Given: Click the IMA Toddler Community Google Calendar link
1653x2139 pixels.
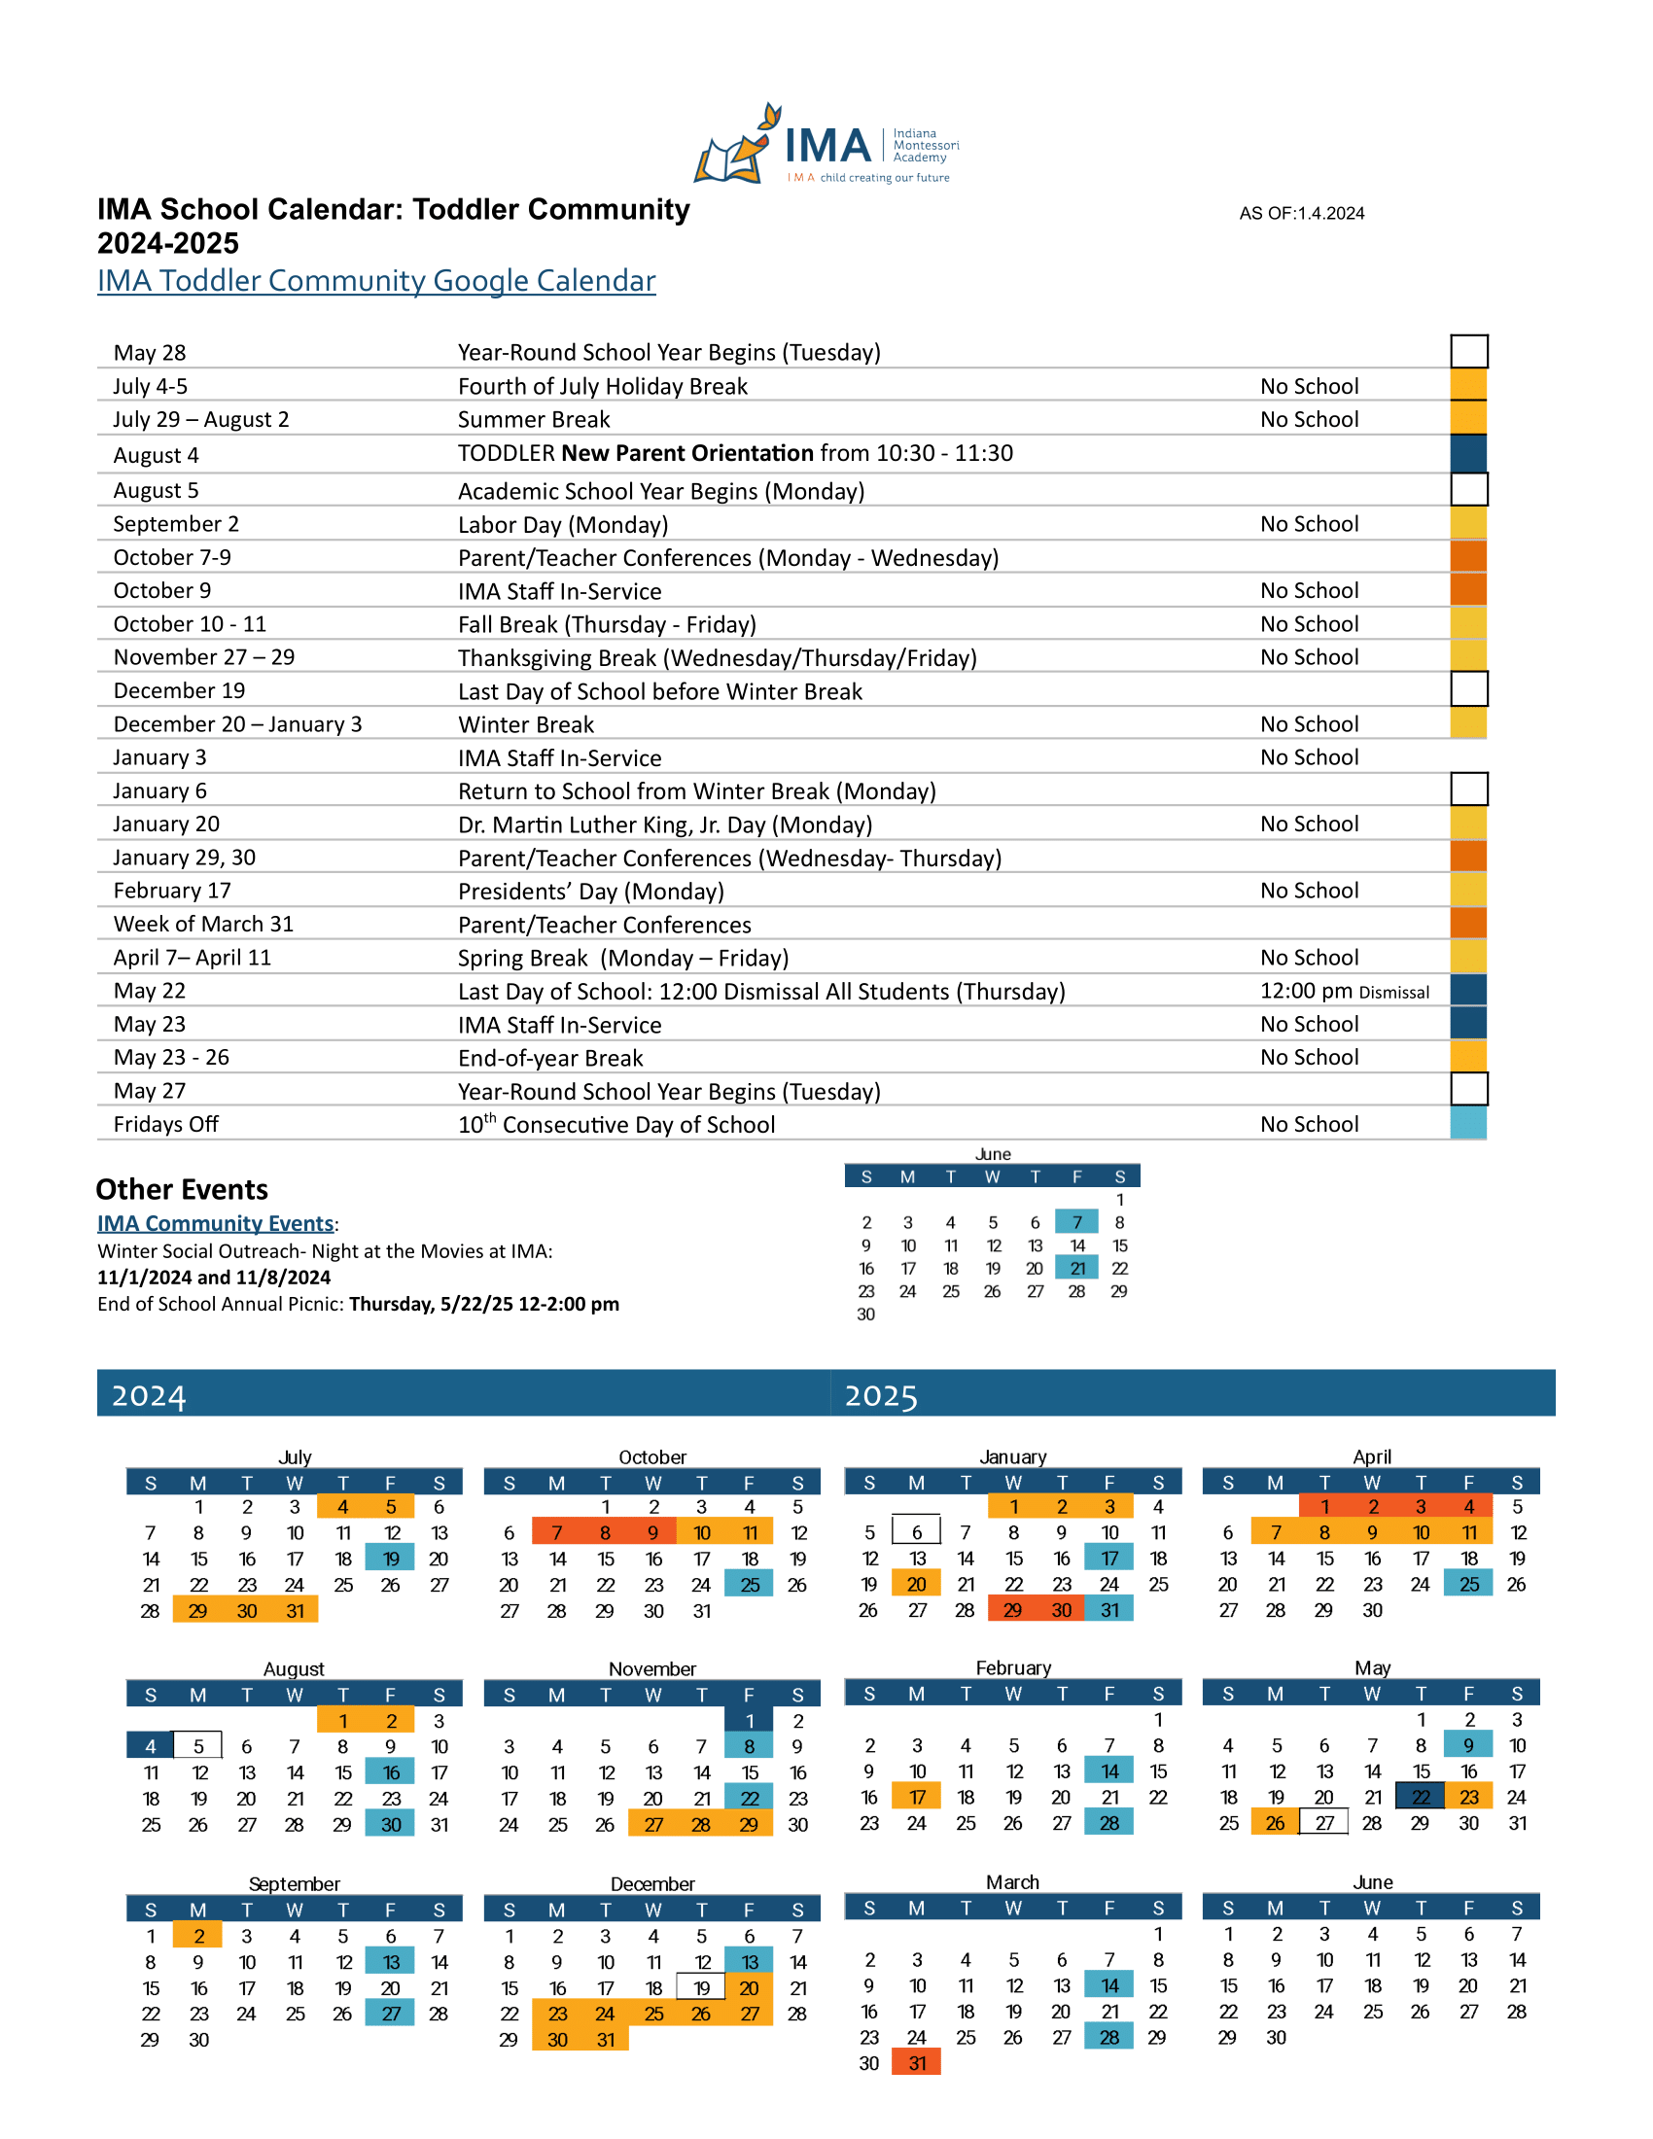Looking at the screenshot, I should click(x=376, y=281).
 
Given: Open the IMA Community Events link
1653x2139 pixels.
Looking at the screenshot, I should click(x=216, y=1223).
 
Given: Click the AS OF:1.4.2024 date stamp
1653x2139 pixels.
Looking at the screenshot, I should click(x=1301, y=214).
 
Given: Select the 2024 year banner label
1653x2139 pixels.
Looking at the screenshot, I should click(x=149, y=1394).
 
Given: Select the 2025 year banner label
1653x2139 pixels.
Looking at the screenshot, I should click(x=881, y=1394).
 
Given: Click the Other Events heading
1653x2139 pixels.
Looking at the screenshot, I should click(x=182, y=1189).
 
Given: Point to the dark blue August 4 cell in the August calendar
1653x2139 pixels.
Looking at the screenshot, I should click(x=150, y=1746).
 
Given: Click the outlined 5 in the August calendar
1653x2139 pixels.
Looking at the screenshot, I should click(x=197, y=1746).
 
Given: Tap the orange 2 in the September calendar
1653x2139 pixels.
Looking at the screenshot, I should click(x=197, y=1936).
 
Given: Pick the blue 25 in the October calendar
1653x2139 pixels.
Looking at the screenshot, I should click(x=749, y=1585).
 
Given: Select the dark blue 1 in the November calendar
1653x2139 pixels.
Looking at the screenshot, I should click(x=749, y=1721).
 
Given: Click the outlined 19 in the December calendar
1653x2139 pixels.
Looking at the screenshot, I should click(x=701, y=1988).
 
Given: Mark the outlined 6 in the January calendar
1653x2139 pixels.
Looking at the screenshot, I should click(x=917, y=1532).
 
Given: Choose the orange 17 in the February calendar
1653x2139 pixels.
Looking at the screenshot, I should click(x=917, y=1797).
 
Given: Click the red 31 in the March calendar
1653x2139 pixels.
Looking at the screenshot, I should click(x=917, y=2063).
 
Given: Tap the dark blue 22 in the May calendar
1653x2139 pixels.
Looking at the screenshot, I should click(x=1421, y=1797).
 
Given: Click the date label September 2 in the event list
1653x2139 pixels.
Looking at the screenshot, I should click(x=176, y=524).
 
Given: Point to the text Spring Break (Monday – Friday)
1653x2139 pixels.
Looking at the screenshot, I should click(x=624, y=958).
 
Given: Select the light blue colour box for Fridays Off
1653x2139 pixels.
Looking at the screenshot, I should click(x=1468, y=1123).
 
